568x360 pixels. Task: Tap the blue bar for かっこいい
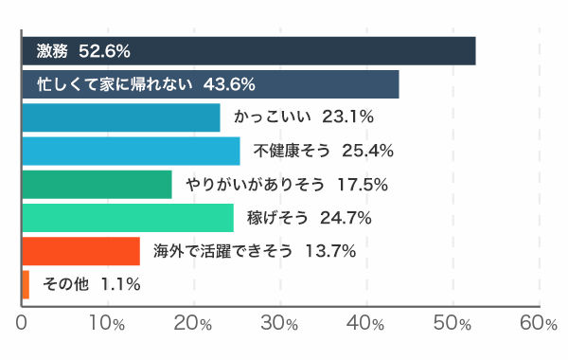(120, 117)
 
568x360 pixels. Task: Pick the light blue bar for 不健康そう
(130, 151)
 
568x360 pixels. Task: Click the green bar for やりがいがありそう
(96, 184)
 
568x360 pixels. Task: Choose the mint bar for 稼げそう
(127, 218)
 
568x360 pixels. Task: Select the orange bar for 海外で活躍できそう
(80, 251)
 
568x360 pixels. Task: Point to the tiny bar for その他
(25, 284)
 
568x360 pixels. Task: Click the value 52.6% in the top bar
(104, 50)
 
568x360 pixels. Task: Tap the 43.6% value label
(230, 84)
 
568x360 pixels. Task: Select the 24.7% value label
(345, 218)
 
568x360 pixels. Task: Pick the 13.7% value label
(330, 251)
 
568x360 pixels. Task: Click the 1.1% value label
(120, 284)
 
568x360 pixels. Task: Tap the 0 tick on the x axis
(22, 322)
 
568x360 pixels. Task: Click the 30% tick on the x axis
(280, 322)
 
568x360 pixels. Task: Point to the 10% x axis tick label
(107, 322)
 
